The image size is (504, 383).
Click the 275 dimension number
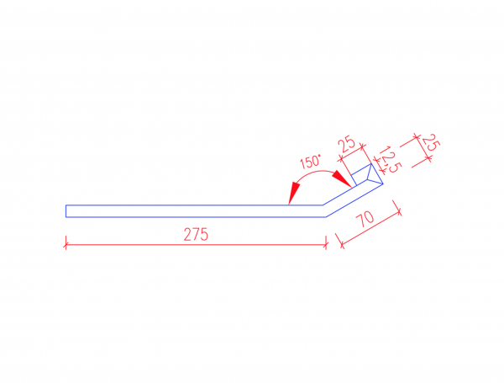coord(196,235)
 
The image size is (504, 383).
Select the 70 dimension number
coord(365,221)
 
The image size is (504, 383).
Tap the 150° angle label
coord(311,161)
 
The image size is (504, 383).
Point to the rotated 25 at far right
coord(429,142)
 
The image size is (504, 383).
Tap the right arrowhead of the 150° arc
coord(342,178)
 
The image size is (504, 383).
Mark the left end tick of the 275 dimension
coord(66,244)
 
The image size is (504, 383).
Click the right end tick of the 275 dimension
coord(326,244)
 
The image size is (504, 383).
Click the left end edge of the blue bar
coord(66,210)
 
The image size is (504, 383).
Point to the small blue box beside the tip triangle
coord(360,178)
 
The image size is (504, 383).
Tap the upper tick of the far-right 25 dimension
coord(415,136)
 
